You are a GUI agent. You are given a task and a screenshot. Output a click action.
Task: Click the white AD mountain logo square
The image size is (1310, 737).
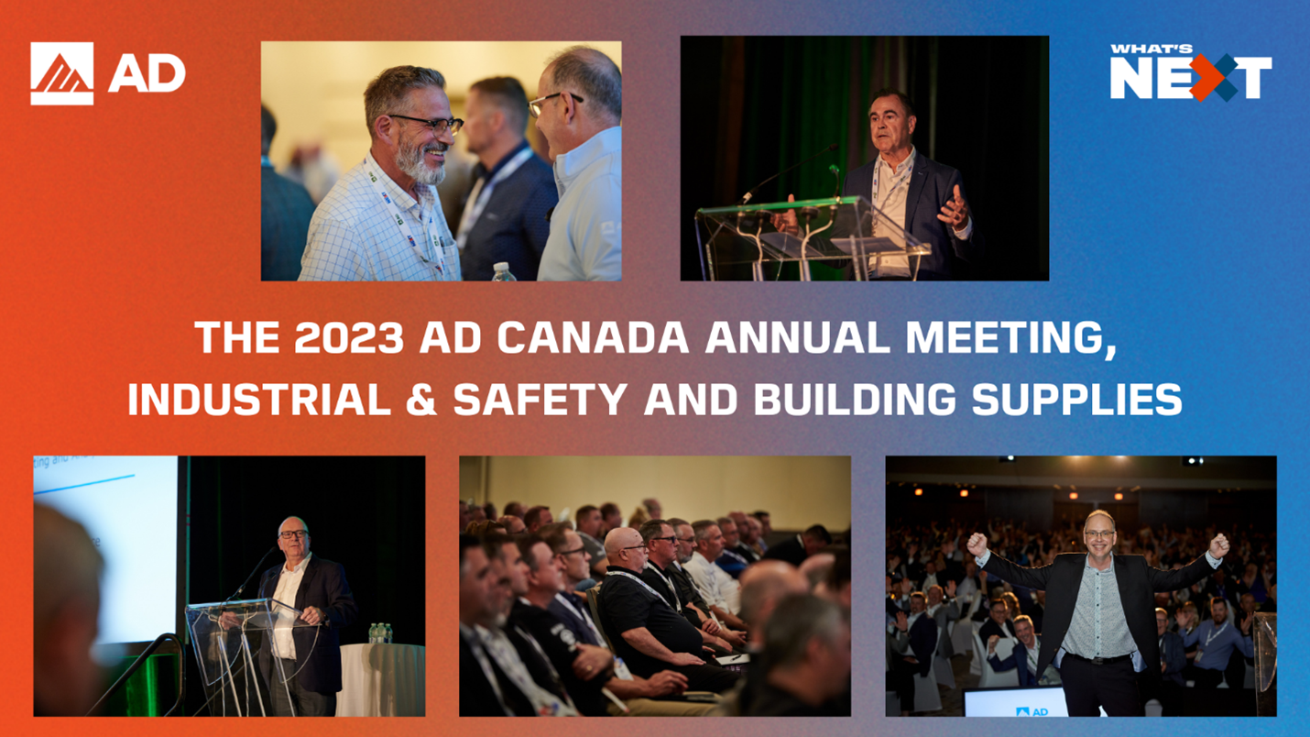tap(62, 73)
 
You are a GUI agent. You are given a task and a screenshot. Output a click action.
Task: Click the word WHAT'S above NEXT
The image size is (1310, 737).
tap(1152, 49)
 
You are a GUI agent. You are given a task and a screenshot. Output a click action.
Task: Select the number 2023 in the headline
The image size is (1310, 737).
tap(349, 337)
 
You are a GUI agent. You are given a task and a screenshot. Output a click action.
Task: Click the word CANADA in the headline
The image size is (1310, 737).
tap(593, 337)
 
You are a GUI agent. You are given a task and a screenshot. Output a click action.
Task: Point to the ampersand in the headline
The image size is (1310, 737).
tap(421, 400)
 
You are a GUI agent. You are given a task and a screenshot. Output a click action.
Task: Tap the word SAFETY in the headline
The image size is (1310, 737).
tap(540, 400)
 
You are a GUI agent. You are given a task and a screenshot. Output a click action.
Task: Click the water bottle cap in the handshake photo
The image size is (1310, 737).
tap(501, 267)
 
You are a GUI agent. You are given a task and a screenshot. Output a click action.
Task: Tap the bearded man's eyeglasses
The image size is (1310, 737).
tap(431, 124)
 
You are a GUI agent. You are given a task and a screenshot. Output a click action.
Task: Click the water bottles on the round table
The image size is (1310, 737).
tap(380, 633)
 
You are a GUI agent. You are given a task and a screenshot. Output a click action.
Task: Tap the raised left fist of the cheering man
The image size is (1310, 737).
tap(976, 544)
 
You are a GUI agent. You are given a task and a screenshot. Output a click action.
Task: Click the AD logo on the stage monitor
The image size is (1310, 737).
tap(1032, 711)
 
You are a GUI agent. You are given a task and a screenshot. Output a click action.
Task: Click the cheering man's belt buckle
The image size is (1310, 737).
tap(1102, 660)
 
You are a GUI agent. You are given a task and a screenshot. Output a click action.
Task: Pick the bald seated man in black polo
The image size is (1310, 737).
tap(650, 609)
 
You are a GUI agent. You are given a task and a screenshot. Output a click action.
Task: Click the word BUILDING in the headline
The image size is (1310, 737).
tap(855, 400)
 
